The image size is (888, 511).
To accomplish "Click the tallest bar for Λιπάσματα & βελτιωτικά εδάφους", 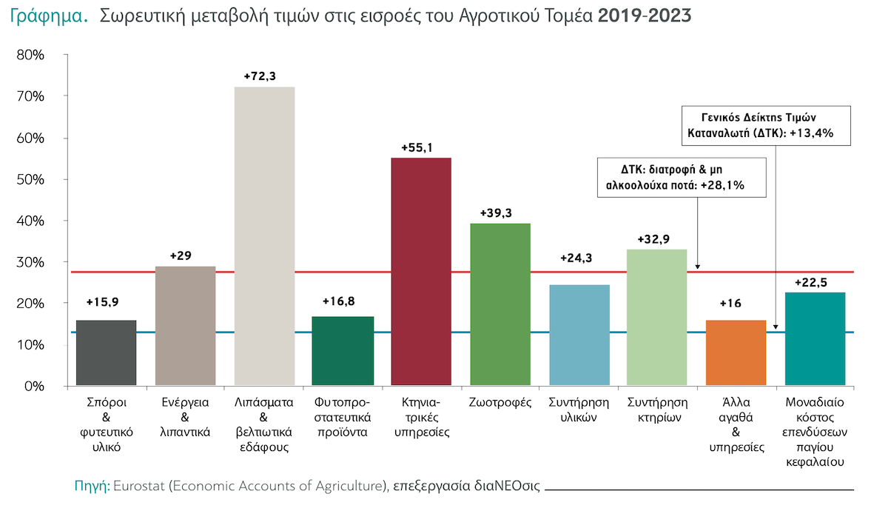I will coord(264,237).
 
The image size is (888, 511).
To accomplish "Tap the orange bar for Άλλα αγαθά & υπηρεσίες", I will coord(736,353).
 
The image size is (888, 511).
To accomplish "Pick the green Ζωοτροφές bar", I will coord(500,304).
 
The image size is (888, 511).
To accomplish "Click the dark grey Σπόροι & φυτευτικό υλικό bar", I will coord(107,353).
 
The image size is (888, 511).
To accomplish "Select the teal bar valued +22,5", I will coord(815,339).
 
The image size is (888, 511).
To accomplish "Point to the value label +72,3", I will coord(264,76).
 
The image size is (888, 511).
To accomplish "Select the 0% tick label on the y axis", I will coord(36,387).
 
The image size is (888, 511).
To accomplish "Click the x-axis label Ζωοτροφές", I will coord(500,403).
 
